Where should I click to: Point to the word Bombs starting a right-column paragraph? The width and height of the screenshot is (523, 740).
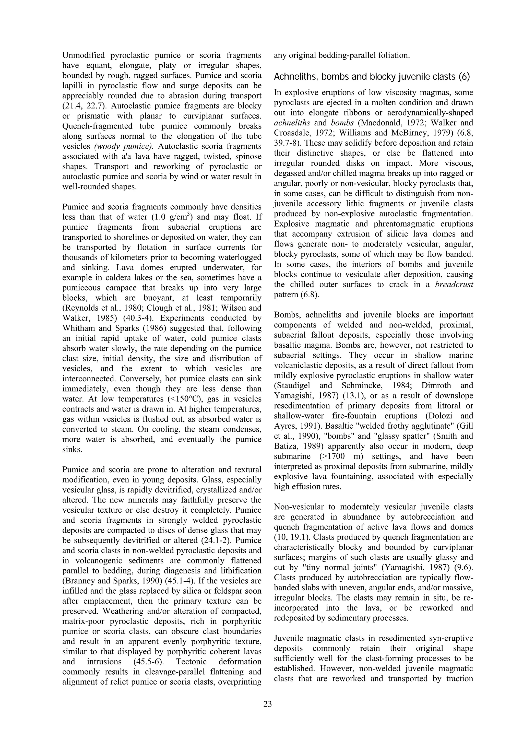(287, 314)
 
